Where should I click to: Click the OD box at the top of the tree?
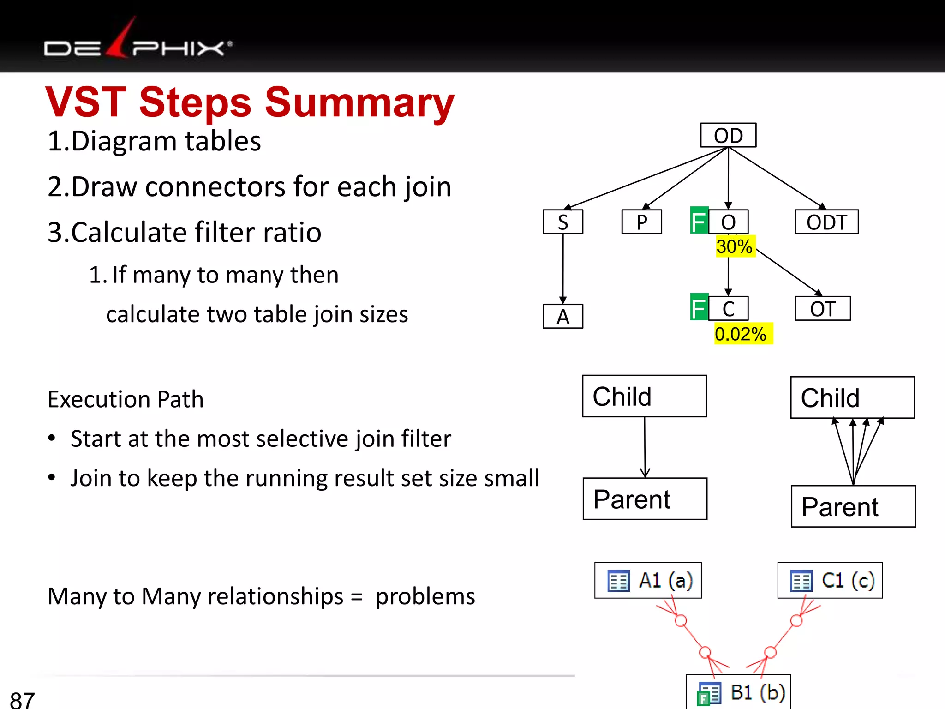[728, 135]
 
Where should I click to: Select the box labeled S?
[562, 222]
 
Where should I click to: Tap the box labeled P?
[641, 222]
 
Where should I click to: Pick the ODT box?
[826, 222]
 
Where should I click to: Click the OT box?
[822, 308]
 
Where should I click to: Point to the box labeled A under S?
[562, 317]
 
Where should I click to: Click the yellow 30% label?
[735, 246]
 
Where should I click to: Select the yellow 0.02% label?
[741, 334]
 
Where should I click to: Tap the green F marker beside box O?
[699, 221]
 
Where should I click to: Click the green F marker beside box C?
[699, 307]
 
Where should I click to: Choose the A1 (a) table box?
[648, 580]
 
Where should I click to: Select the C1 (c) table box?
[830, 580]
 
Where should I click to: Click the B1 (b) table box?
[738, 692]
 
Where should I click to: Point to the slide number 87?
[22, 699]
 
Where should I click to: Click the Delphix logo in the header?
[138, 44]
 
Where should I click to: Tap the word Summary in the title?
[359, 102]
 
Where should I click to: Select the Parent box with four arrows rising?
[853, 506]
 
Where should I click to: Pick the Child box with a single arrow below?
[644, 396]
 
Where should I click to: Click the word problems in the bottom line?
[425, 596]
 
